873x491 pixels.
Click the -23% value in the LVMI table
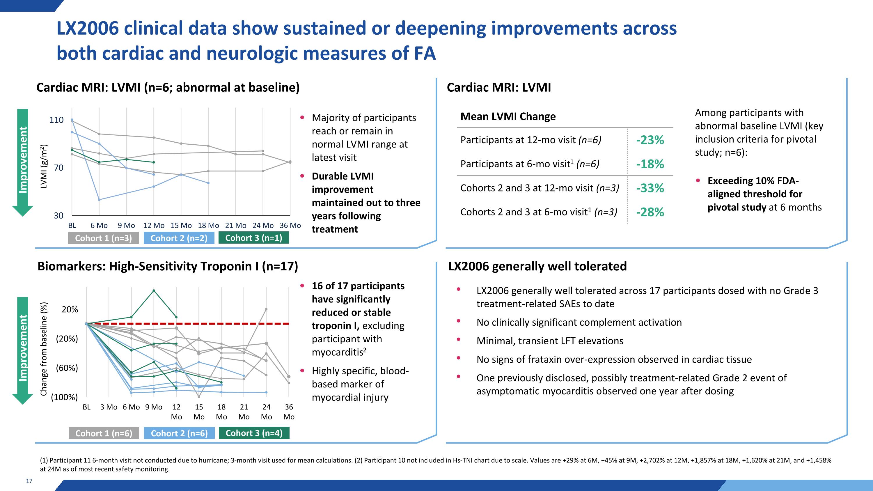(x=650, y=140)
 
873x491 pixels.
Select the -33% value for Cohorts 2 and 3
(x=650, y=188)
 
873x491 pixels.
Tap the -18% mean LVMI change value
(x=650, y=164)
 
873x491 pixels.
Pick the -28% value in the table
(x=650, y=212)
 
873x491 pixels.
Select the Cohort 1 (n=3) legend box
(x=103, y=238)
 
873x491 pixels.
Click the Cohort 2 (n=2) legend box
(x=179, y=238)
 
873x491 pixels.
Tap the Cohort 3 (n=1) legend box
(x=253, y=238)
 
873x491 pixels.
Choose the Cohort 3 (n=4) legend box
(x=254, y=433)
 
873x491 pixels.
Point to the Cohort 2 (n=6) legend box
(x=179, y=433)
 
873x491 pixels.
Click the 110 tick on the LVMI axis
(x=56, y=120)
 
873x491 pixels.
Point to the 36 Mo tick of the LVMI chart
(x=290, y=226)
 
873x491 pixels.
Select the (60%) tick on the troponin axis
(x=67, y=368)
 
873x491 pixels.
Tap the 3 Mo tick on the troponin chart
(x=109, y=407)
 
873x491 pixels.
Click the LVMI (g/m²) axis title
(x=44, y=166)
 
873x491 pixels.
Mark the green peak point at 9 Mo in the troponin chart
(x=154, y=290)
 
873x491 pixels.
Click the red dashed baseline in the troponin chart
(x=203, y=324)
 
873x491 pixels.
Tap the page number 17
(x=29, y=481)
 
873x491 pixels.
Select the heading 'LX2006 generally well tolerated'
(x=537, y=266)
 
